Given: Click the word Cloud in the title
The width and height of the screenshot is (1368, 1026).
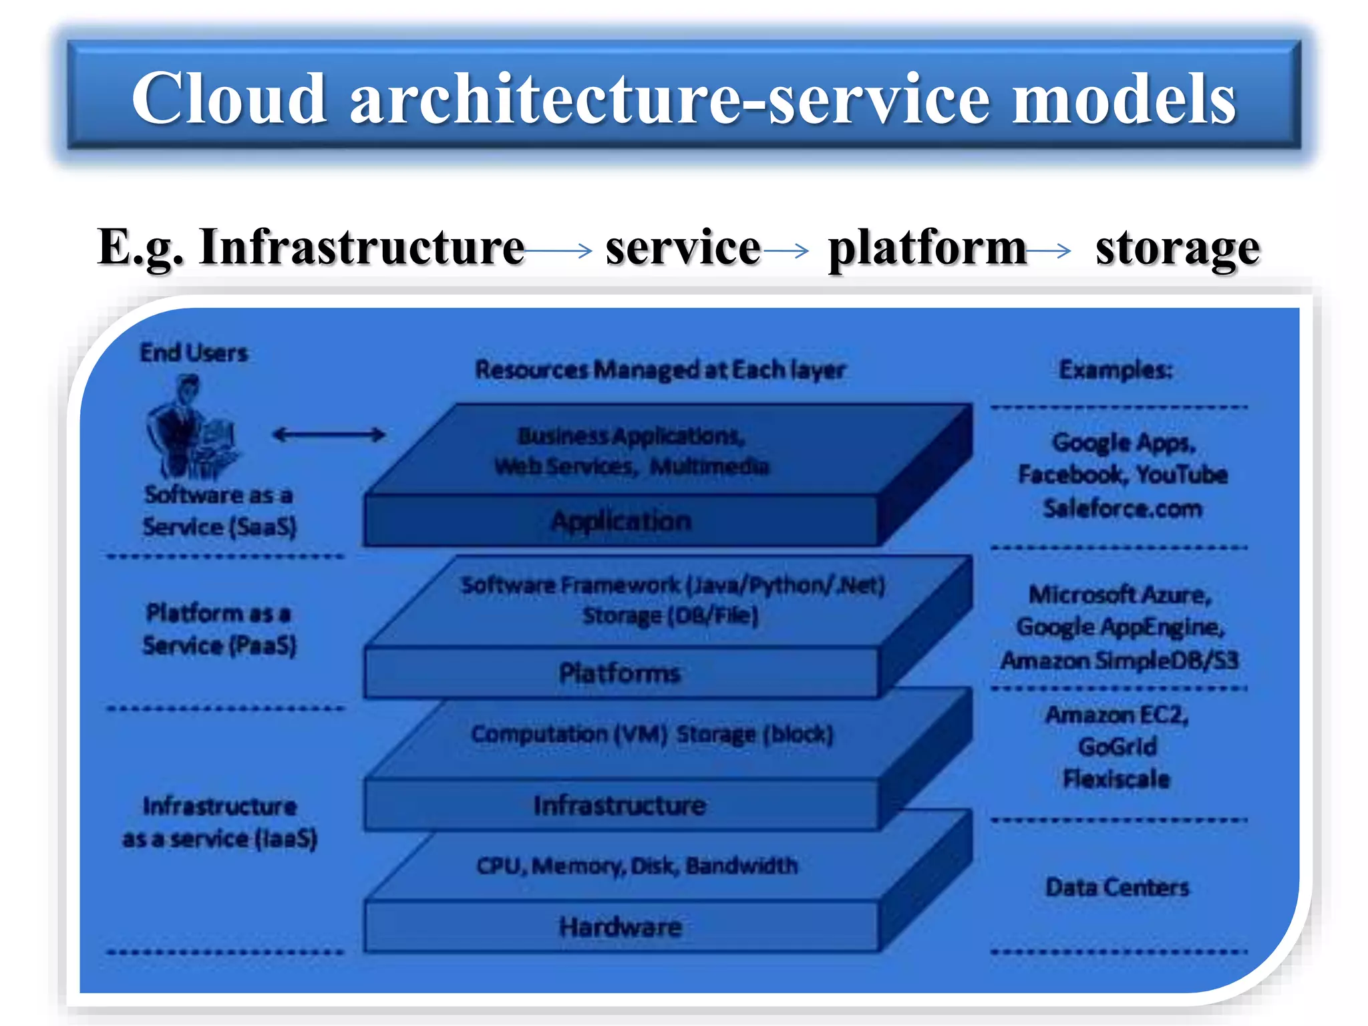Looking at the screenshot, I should coord(228,99).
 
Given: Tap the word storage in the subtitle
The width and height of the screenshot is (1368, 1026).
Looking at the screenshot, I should coord(1177,248).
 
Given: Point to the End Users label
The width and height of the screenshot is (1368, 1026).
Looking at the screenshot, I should coord(194,353).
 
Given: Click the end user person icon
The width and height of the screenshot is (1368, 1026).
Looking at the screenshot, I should coord(190,427).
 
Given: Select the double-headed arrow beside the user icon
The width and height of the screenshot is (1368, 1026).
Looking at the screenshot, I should coord(329,435).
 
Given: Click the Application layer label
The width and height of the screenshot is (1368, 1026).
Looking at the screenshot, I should coord(621,521).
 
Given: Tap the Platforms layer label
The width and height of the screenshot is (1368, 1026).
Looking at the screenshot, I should coord(620,673).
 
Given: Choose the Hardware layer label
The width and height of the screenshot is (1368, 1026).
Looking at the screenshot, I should coord(621,927).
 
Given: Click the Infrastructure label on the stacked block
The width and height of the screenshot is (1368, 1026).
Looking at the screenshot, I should coord(620,805).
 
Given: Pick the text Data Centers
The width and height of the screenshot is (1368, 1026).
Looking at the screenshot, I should coord(1117,887).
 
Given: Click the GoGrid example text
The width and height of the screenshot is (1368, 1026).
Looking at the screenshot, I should coord(1117,746).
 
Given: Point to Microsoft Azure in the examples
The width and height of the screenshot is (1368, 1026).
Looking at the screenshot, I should coord(1120,594).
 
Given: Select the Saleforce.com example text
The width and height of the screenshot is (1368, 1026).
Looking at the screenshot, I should coord(1122,509).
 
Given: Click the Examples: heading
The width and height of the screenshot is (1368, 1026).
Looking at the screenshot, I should coord(1116,369).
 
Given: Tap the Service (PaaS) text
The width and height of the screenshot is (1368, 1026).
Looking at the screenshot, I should coord(219,645).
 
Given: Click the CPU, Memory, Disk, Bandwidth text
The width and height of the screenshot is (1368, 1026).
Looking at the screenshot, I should coord(637,866).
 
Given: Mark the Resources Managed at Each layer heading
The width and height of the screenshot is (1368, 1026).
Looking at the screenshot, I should coord(660,369).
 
